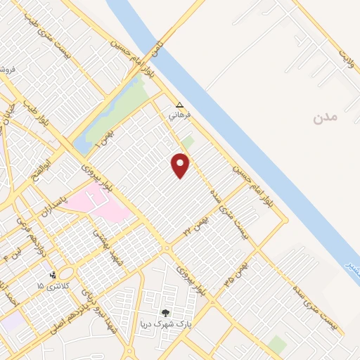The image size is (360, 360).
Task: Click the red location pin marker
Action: tap(181, 166)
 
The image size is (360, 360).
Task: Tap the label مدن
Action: tap(326, 116)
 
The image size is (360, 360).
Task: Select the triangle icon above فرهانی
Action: tap(179, 103)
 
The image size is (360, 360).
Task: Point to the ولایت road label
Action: tap(344, 54)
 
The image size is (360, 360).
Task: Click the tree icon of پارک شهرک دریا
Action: tap(166, 313)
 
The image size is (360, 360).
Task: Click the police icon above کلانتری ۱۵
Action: tap(53, 275)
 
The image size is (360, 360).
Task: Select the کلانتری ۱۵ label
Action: tap(50, 286)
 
